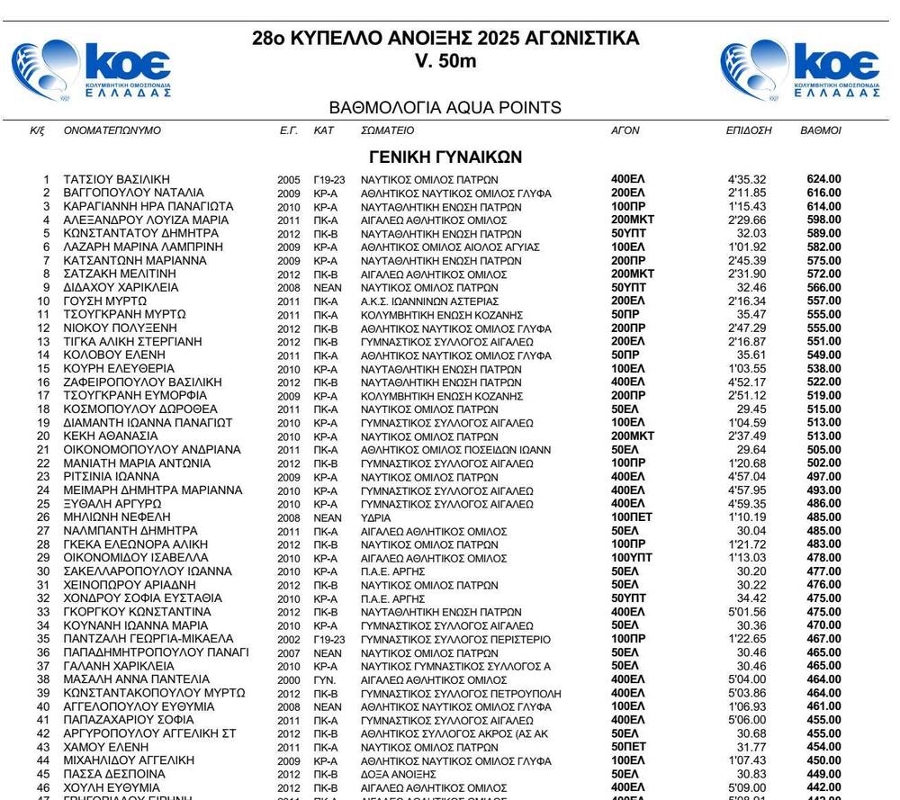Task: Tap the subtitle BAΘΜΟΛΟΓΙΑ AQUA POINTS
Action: [445, 108]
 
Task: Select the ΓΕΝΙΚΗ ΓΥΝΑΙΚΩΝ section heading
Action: [445, 157]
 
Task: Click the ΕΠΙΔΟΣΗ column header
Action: [749, 130]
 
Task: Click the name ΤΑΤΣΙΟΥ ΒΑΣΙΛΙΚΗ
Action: [117, 179]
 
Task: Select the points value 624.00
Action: [823, 179]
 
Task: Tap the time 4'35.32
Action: [747, 179]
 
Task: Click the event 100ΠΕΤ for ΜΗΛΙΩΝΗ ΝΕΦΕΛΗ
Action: [632, 517]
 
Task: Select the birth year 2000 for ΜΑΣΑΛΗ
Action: [288, 679]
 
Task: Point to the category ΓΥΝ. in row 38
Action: [324, 679]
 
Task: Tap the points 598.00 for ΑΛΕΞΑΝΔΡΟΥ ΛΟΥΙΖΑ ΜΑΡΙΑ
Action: [823, 220]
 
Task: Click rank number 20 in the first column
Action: [42, 436]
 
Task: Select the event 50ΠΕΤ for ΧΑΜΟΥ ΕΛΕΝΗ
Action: [628, 747]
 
